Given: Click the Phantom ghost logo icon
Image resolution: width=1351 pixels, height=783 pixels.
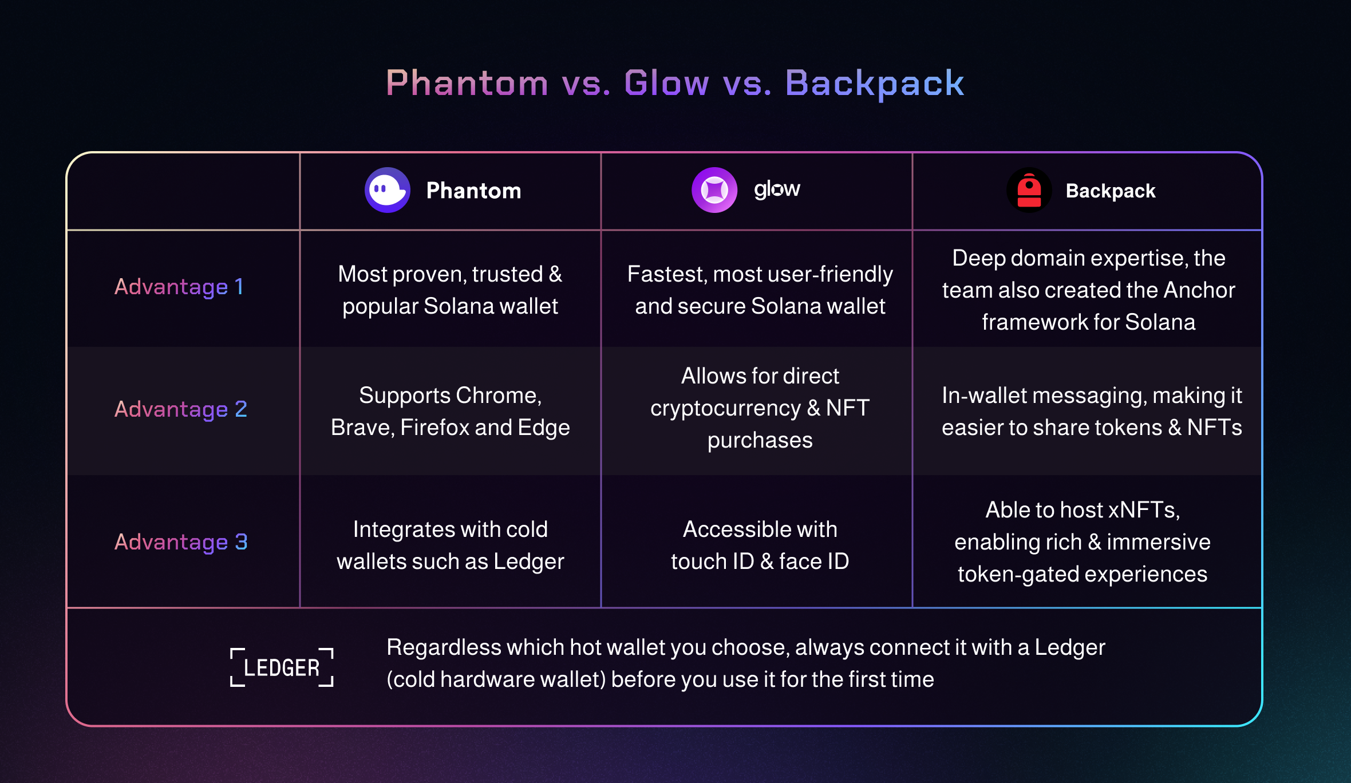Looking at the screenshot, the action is click(x=388, y=190).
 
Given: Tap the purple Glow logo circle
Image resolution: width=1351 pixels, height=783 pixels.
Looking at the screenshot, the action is click(x=714, y=190).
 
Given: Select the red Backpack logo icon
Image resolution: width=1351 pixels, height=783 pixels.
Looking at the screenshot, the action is click(x=1029, y=190).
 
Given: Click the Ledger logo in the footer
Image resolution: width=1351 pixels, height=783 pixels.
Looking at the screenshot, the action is click(x=282, y=667).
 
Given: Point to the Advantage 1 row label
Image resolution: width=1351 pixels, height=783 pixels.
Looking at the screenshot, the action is click(x=179, y=287).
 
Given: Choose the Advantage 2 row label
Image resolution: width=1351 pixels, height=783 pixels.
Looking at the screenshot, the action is click(x=181, y=409).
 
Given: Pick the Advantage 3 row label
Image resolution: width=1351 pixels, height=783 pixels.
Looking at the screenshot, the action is click(x=181, y=542).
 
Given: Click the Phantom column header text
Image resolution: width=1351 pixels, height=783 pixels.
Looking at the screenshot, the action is click(x=473, y=191).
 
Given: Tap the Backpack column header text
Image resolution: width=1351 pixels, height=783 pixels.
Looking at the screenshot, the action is click(x=1111, y=191).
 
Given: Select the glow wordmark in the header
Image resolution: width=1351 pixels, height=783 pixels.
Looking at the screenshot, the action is click(x=777, y=189).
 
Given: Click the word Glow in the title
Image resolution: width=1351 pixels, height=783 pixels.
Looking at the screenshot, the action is click(x=666, y=83).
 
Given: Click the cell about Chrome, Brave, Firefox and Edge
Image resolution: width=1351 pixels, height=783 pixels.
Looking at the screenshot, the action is click(x=451, y=412).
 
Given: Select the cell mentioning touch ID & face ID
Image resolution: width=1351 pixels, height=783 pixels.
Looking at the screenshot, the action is click(x=760, y=545).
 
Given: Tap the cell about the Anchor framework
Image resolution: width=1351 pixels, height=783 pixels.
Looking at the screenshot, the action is click(x=1088, y=290).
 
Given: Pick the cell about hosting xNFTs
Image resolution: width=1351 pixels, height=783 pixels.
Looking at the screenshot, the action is click(x=1083, y=542).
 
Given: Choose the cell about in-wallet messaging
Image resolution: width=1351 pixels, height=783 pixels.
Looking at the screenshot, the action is click(x=1092, y=412).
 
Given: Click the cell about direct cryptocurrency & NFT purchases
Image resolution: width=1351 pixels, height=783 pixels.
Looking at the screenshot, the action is click(x=760, y=408).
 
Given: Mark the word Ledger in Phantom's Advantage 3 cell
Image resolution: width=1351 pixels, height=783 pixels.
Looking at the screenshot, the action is click(x=529, y=562).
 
